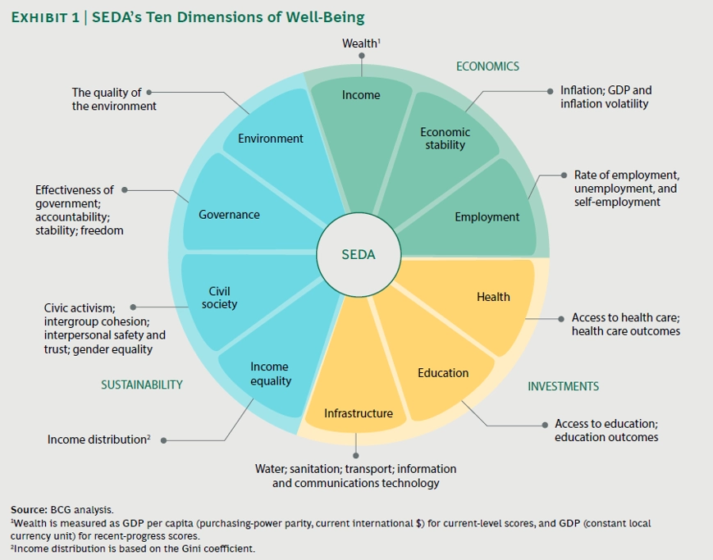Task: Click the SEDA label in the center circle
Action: (x=359, y=254)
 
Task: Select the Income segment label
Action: (x=361, y=95)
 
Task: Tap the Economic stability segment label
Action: (x=446, y=139)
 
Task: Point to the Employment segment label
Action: (x=487, y=216)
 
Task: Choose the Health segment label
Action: (x=493, y=297)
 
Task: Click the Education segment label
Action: (x=443, y=373)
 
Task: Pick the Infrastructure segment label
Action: (x=359, y=413)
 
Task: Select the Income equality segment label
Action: (x=271, y=374)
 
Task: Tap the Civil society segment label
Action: (x=219, y=298)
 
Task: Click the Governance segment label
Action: (x=229, y=215)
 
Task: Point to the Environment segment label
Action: (x=271, y=139)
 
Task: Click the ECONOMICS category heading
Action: (x=487, y=66)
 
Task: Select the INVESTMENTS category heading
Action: (x=563, y=386)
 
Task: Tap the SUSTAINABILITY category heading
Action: (x=142, y=385)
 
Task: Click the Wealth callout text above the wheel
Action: (x=361, y=43)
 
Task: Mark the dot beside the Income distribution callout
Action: (x=164, y=440)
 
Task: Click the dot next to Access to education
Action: (x=545, y=425)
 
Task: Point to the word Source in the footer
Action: (x=29, y=509)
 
